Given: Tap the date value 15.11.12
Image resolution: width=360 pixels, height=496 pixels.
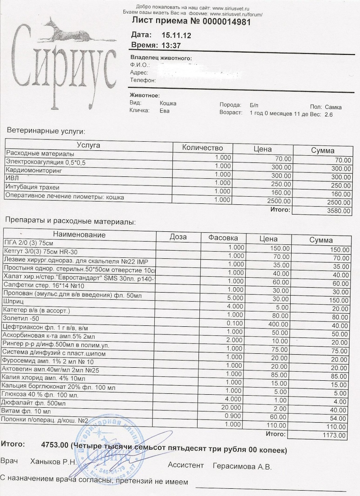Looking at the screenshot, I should click(x=173, y=35).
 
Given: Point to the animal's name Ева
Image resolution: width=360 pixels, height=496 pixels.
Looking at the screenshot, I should click(x=164, y=111).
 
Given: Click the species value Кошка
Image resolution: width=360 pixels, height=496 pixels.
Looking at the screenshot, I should click(x=168, y=103).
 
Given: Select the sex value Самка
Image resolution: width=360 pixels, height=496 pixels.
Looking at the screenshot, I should click(x=333, y=107).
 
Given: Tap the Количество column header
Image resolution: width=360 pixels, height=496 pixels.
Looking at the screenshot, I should click(x=202, y=148).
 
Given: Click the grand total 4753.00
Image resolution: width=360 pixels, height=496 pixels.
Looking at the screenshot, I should click(x=54, y=444).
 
